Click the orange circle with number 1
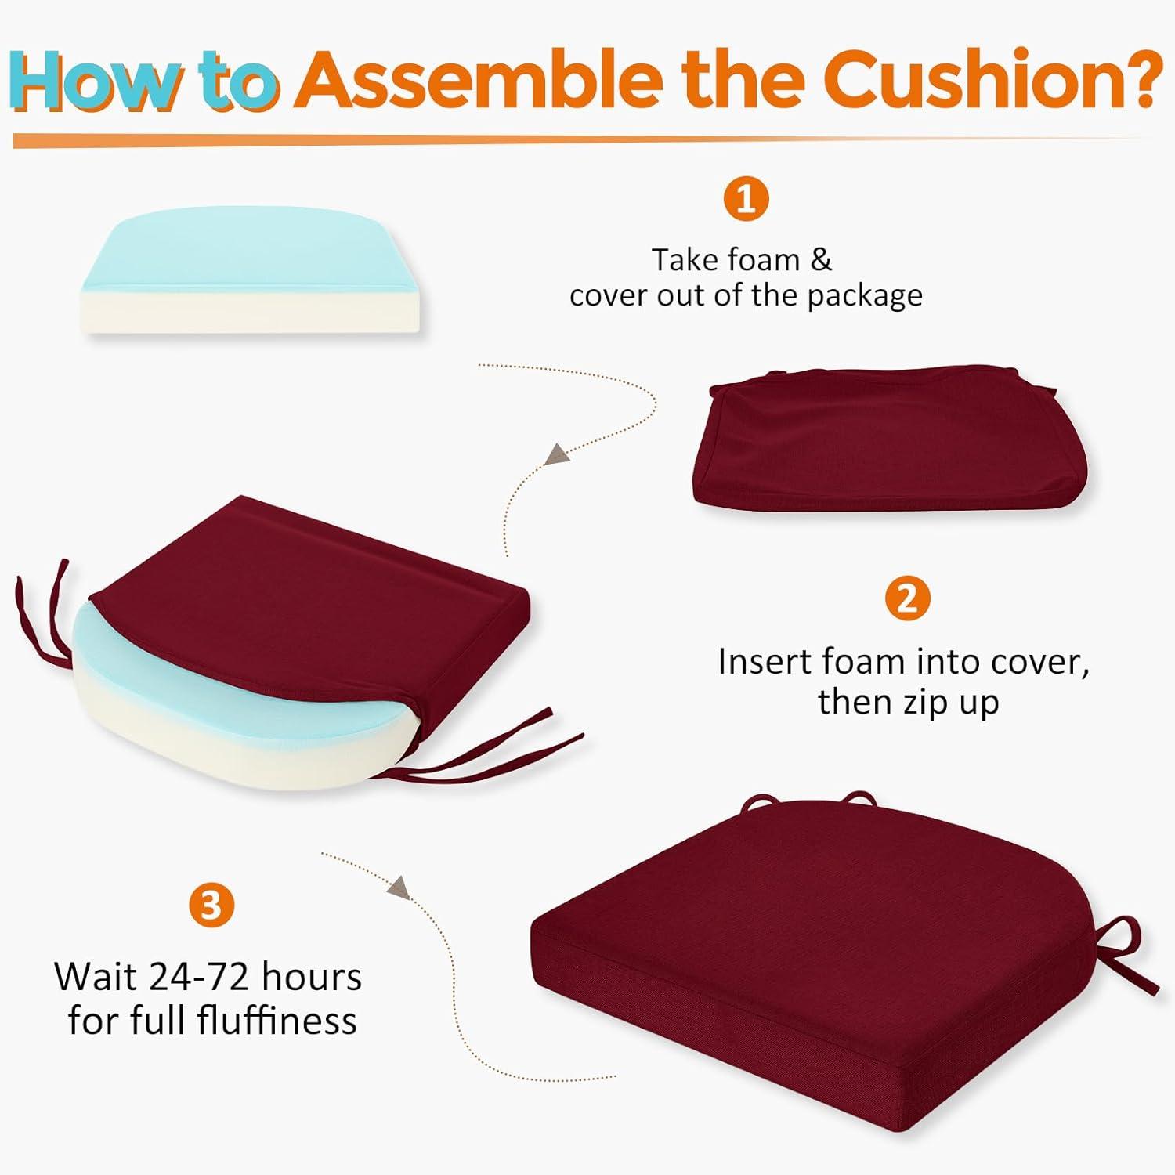pyautogui.click(x=746, y=199)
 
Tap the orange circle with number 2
pyautogui.click(x=907, y=599)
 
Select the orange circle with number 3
pyautogui.click(x=211, y=906)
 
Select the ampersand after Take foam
pyautogui.click(x=821, y=260)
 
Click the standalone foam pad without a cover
pyautogui.click(x=251, y=271)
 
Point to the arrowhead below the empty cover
pyautogui.click(x=556, y=454)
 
